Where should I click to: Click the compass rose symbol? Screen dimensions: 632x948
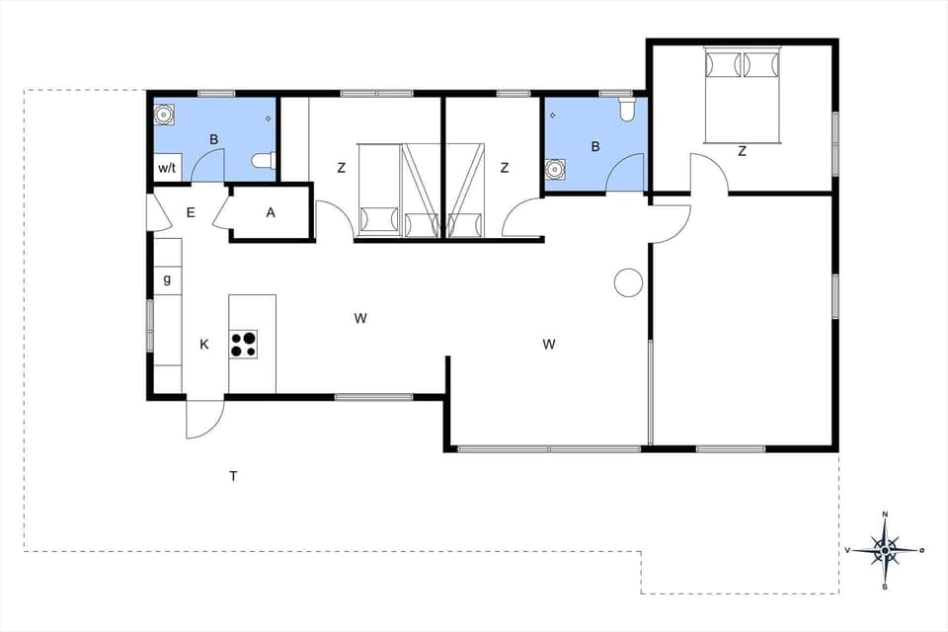(x=886, y=550)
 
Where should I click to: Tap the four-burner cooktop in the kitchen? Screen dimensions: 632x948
(x=243, y=344)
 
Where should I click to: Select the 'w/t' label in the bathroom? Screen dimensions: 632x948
(x=167, y=169)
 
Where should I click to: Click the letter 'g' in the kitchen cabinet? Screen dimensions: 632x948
(x=167, y=279)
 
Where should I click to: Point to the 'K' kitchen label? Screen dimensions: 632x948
(x=204, y=345)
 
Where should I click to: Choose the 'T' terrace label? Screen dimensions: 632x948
(x=233, y=477)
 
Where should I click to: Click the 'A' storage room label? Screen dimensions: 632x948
(x=271, y=212)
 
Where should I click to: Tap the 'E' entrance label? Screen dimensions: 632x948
(x=191, y=212)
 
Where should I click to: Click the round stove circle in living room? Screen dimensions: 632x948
(x=628, y=282)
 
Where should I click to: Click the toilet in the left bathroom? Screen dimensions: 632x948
(x=262, y=161)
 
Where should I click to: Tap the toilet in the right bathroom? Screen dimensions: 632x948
(x=625, y=111)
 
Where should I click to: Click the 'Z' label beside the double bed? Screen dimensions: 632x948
(x=742, y=151)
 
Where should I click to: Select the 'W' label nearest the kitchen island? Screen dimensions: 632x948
(x=360, y=318)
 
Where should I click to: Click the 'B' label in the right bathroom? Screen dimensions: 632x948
(x=594, y=147)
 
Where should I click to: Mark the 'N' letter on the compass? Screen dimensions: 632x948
(x=886, y=514)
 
